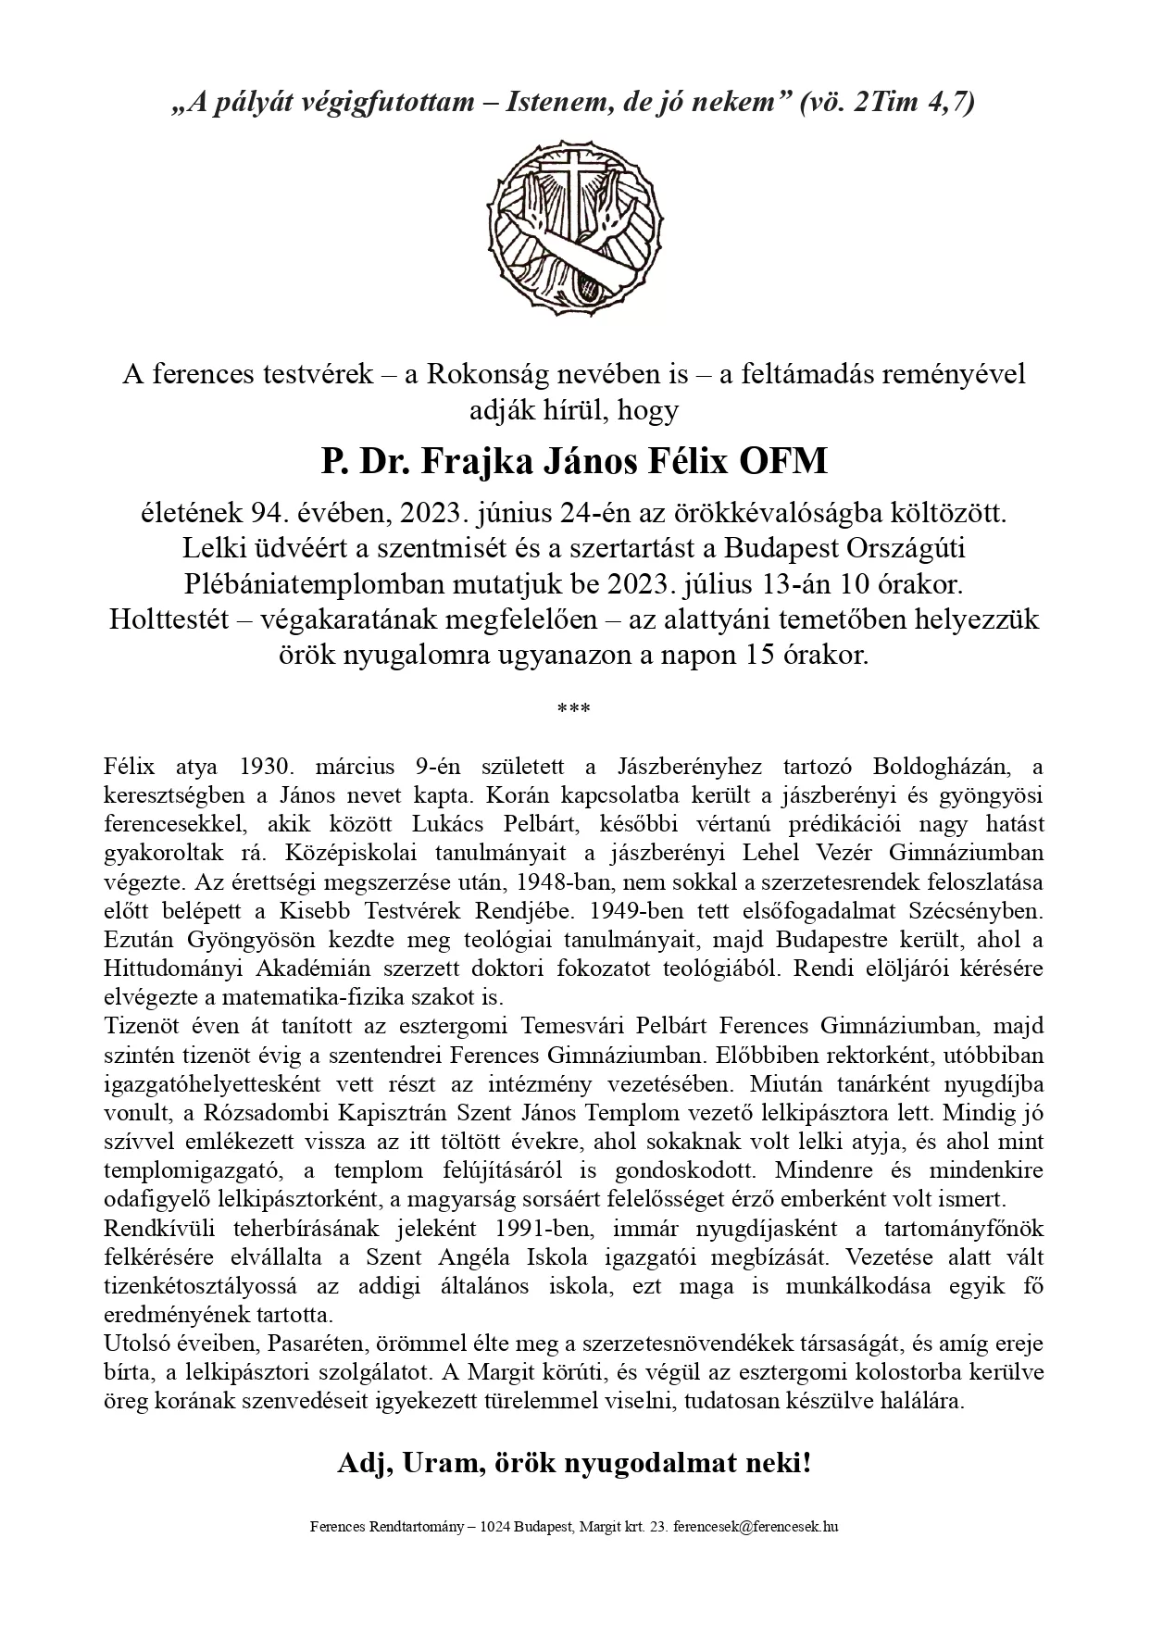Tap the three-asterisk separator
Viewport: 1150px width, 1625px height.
tap(574, 710)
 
